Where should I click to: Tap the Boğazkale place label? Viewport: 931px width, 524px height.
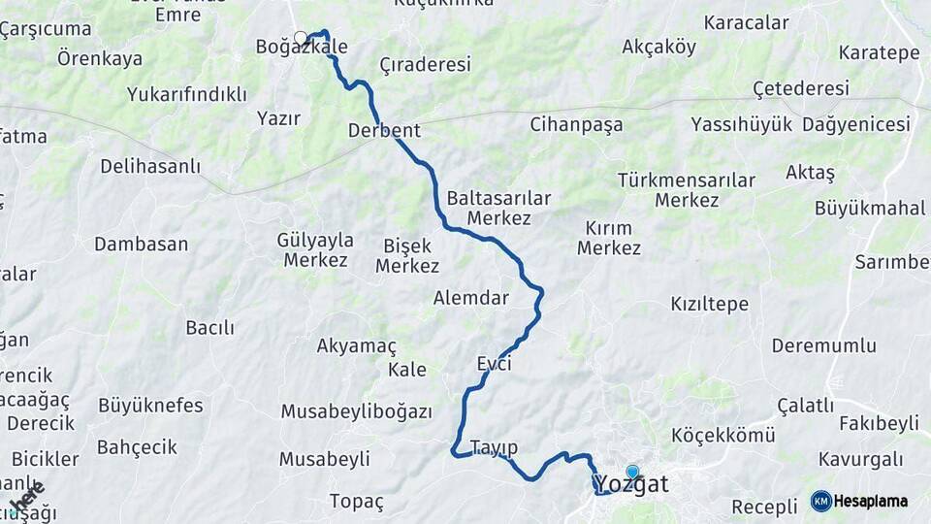[x=302, y=46]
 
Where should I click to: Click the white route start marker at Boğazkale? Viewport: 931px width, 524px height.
[x=301, y=39]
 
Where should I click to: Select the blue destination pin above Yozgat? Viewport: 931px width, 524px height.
[x=632, y=473]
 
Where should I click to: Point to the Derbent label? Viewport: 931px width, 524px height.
[x=384, y=130]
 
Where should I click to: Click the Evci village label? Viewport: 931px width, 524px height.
[x=494, y=364]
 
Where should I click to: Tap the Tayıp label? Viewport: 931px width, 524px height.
[x=494, y=447]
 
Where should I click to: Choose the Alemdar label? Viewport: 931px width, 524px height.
[x=471, y=298]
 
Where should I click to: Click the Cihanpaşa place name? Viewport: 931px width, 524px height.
[x=576, y=124]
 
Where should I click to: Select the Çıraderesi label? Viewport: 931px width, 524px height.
[x=425, y=65]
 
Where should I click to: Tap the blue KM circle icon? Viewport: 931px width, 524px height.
[x=820, y=501]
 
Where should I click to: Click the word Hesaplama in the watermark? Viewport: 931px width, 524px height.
[x=870, y=502]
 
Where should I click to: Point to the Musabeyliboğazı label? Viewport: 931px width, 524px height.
[x=356, y=411]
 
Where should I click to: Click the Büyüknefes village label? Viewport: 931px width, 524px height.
[x=150, y=405]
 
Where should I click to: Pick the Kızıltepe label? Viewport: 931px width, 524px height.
[x=710, y=304]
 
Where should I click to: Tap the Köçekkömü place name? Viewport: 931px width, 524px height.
[x=723, y=436]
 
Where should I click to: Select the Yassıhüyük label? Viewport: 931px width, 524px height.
[x=742, y=124]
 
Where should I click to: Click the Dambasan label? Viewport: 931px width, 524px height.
[x=141, y=244]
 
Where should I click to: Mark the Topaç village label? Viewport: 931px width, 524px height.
[x=357, y=502]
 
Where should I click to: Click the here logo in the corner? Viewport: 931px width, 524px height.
[x=27, y=497]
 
